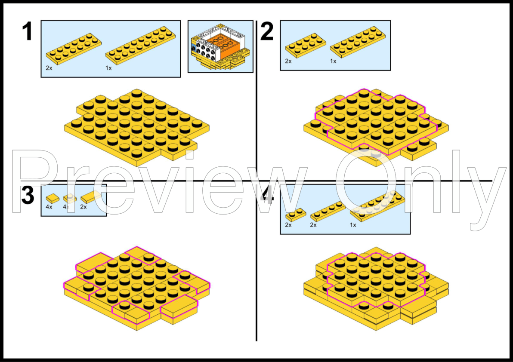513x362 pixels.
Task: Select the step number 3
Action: pos(28,196)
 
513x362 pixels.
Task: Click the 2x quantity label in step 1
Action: pos(49,68)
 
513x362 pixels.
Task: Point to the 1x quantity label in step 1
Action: pos(108,68)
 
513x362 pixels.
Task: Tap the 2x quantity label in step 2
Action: pos(288,61)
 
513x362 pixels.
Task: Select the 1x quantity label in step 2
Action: pos(333,61)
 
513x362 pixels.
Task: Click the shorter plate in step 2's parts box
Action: pos(305,44)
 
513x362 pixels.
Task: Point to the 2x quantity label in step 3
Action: pos(83,207)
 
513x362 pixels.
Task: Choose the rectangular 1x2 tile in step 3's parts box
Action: pos(90,197)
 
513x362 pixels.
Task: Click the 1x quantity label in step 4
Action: pos(353,225)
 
